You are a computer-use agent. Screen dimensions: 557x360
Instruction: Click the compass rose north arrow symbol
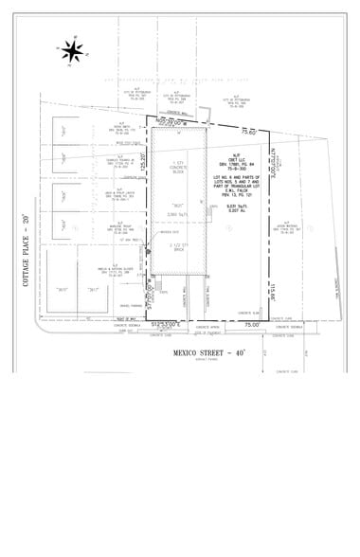pyautogui.click(x=72, y=50)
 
